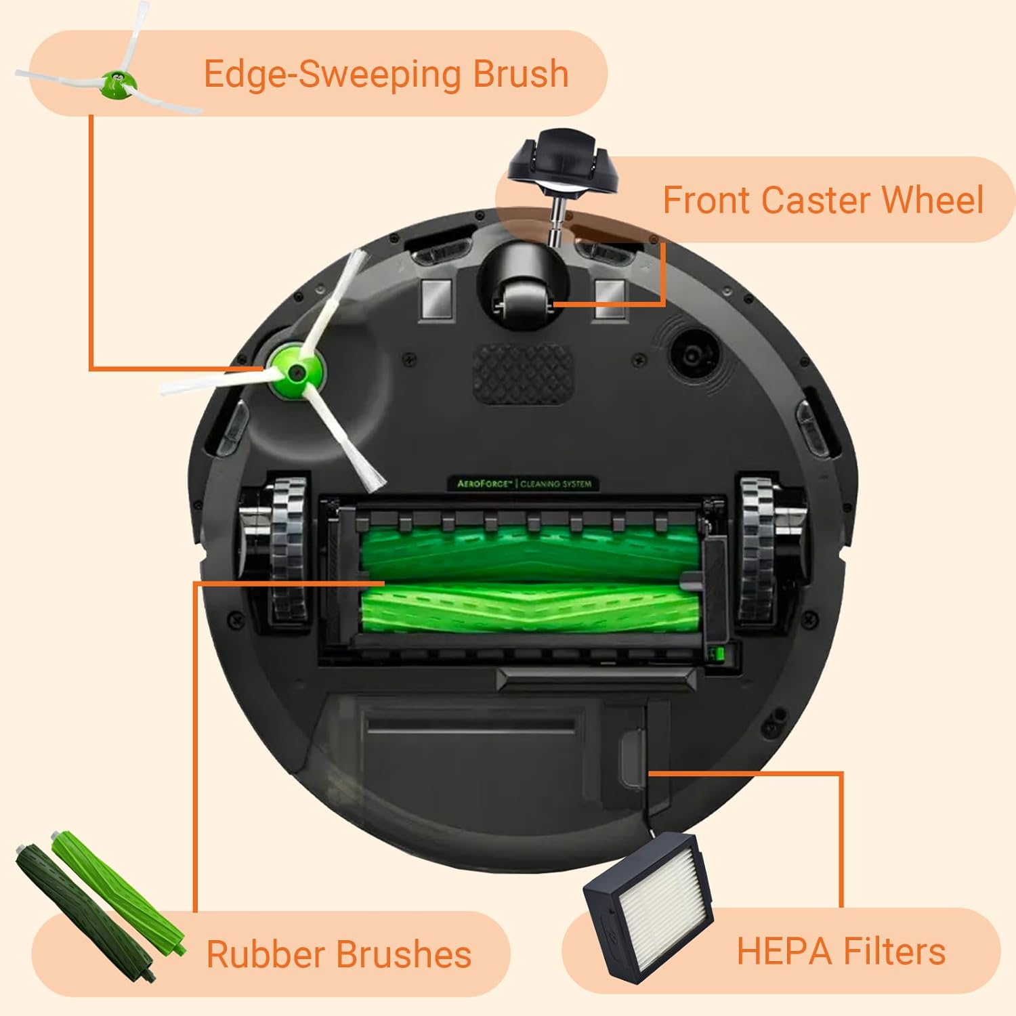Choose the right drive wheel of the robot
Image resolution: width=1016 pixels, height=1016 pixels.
click(x=757, y=549)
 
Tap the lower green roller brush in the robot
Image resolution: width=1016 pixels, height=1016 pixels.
click(x=528, y=608)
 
